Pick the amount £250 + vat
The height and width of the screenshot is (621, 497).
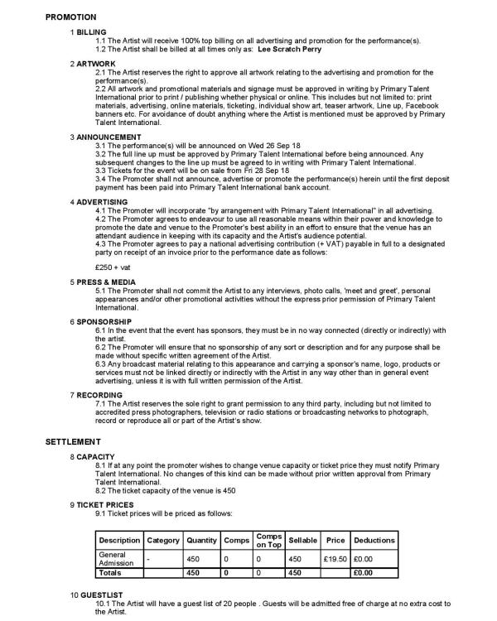[x=113, y=267]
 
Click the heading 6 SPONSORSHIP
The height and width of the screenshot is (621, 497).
[x=101, y=320]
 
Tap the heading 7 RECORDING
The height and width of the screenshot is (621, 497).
[x=99, y=394]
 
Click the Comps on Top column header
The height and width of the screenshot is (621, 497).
[x=268, y=540]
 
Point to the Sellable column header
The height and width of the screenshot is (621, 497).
[x=303, y=540]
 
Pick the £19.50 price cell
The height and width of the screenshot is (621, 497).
[x=335, y=559]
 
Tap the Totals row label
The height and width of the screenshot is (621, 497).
[x=109, y=572]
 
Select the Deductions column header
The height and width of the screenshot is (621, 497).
[x=374, y=540]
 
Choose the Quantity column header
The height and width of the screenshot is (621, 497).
[x=202, y=540]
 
